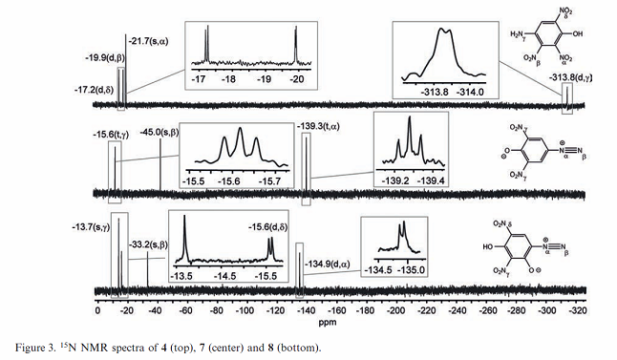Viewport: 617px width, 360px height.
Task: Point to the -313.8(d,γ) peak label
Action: pos(574,79)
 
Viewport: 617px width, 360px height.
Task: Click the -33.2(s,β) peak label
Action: pos(144,245)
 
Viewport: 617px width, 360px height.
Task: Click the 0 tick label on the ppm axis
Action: pos(98,309)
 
